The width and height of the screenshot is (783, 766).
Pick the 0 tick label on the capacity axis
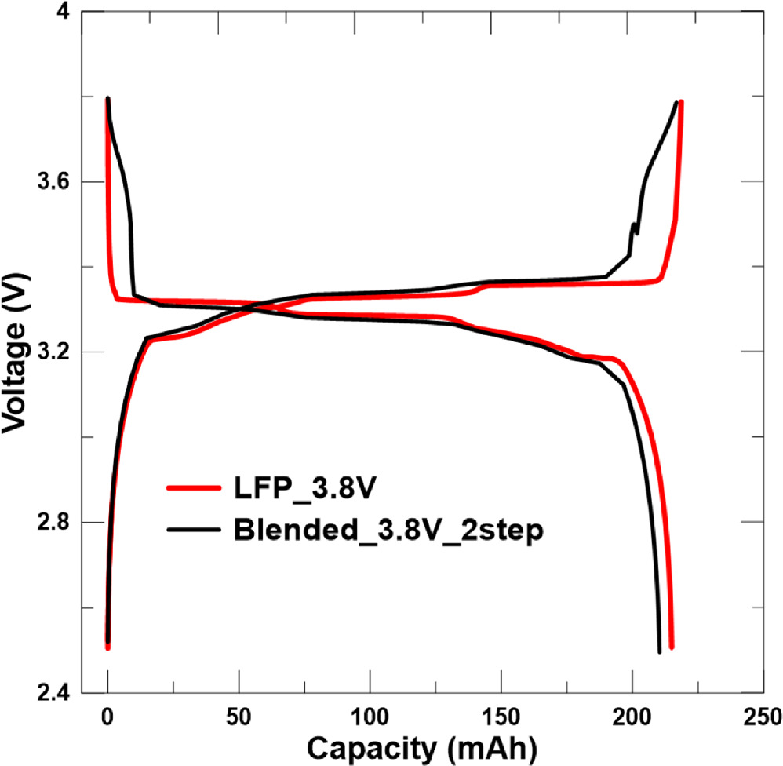tap(107, 716)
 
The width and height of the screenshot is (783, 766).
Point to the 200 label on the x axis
tap(632, 716)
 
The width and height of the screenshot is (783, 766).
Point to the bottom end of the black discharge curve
tap(659, 651)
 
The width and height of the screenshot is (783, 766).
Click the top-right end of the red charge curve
tap(681, 103)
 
